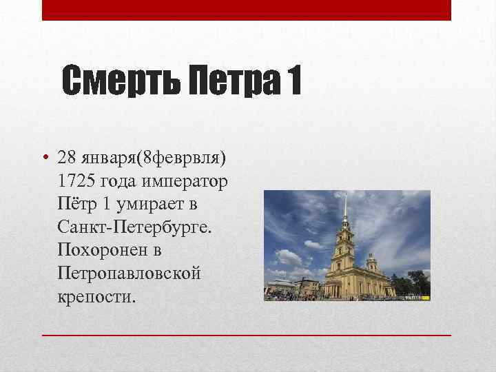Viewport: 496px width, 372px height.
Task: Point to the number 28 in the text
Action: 68,157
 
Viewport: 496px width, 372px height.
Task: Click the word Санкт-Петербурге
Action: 136,227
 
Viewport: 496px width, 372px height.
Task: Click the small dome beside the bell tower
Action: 373,260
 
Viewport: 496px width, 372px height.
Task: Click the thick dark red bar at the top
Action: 247,10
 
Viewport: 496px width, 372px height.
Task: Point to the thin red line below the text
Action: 247,334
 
